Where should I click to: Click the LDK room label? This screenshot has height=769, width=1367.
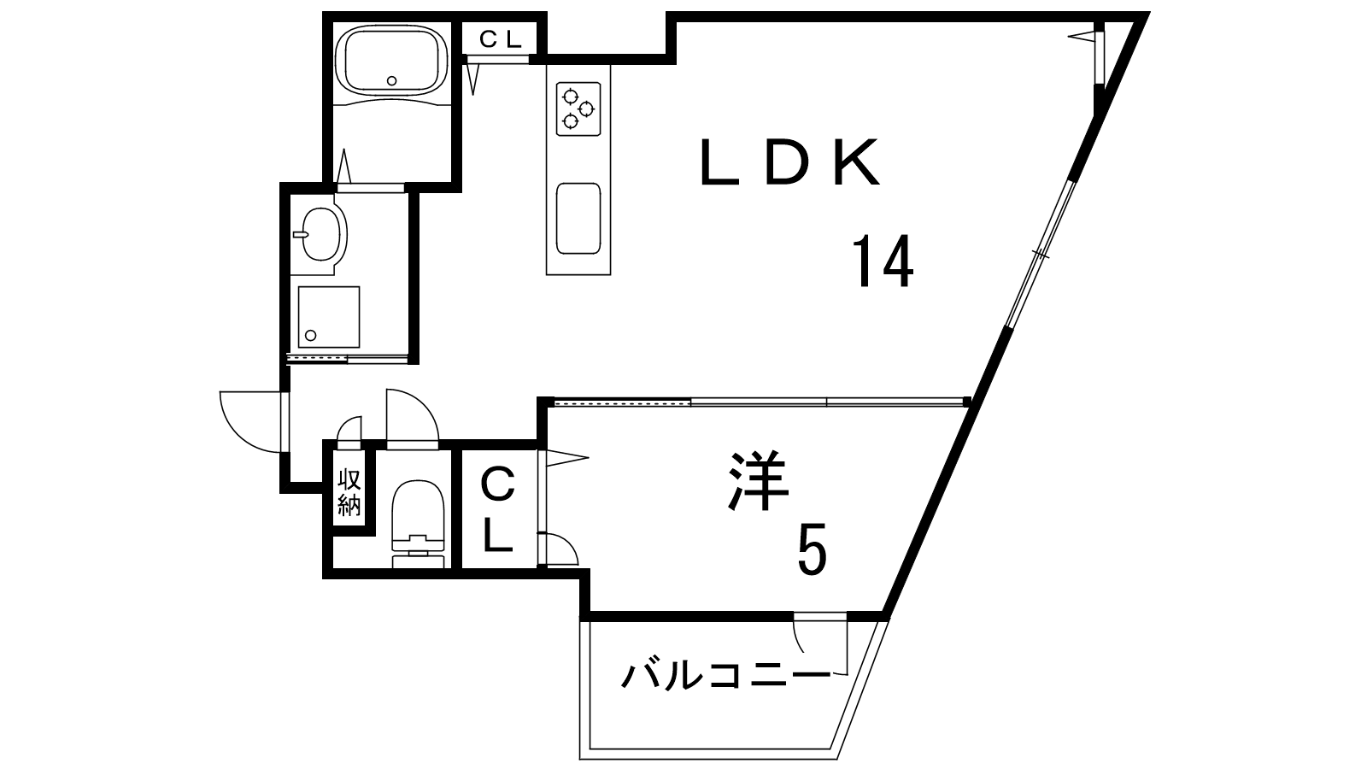790,161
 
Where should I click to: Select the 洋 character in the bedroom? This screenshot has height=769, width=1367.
759,481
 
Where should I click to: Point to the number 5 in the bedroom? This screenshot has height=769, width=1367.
812,549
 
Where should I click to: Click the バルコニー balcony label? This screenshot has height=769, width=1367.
726,676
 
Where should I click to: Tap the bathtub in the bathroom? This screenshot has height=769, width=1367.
392,60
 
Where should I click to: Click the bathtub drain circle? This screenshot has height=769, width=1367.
392,80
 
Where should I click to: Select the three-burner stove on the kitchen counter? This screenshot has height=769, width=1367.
578,109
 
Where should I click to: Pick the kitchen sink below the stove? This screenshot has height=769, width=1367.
578,218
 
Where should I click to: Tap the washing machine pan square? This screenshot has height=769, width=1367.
328,317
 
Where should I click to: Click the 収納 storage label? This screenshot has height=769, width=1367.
349,492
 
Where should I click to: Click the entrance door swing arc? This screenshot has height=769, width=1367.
251,422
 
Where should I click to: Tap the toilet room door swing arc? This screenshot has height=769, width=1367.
413,415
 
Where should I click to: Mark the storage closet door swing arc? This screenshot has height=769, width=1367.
349,428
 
